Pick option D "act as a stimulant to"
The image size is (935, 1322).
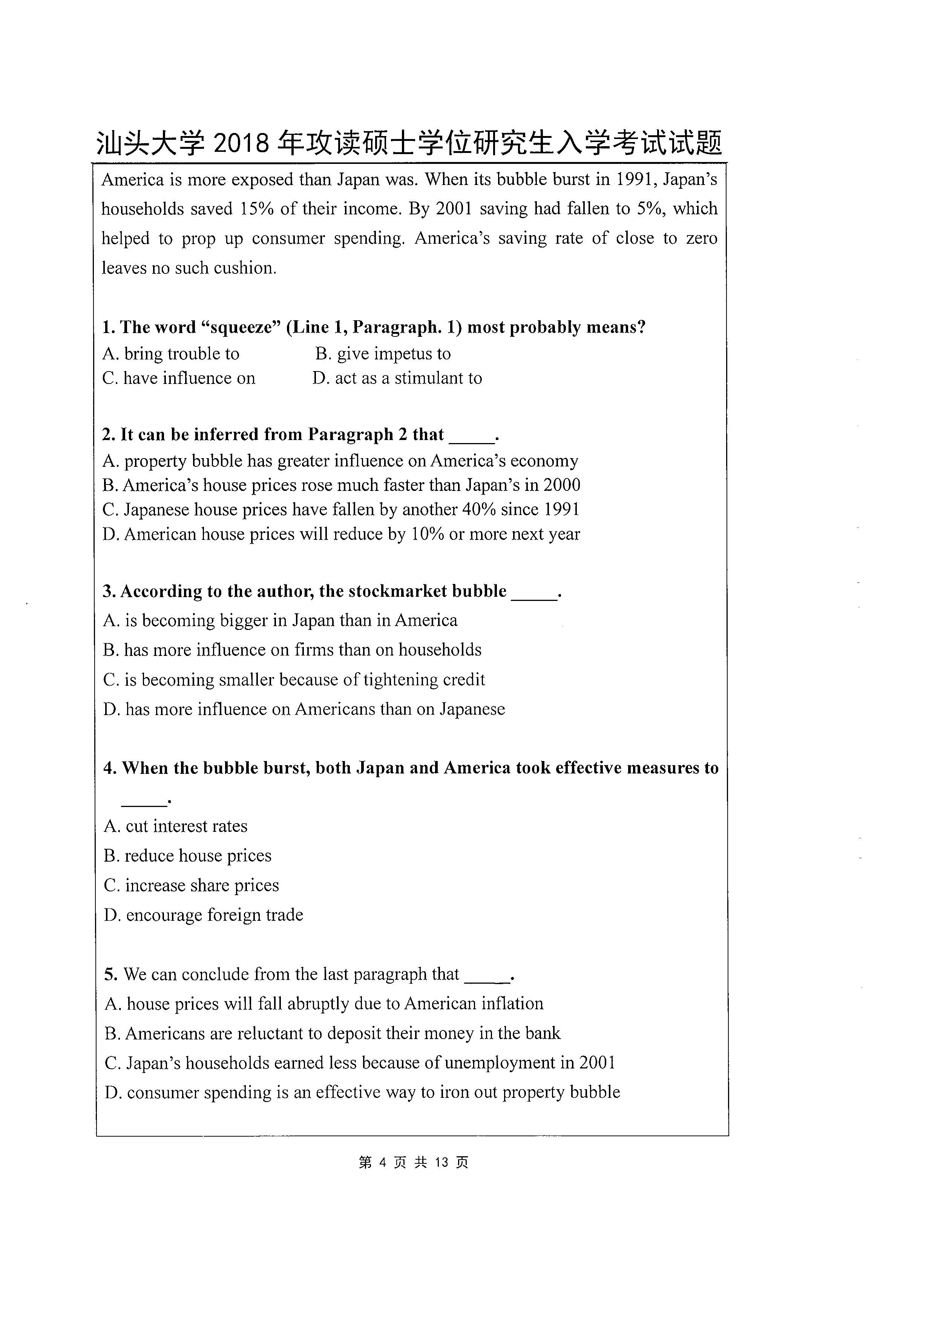[x=397, y=378]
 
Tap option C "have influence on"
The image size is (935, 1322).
[x=179, y=378]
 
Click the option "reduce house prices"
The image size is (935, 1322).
[x=187, y=856]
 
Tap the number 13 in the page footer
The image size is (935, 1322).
[x=441, y=1163]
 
